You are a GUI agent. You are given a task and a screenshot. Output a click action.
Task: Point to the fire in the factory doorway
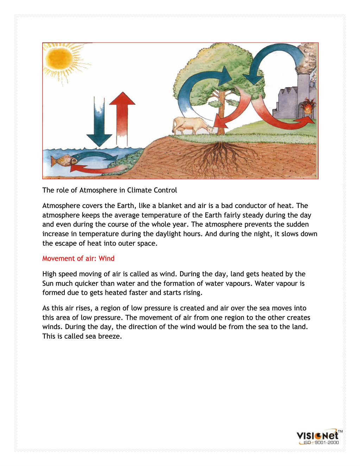(x=309, y=107)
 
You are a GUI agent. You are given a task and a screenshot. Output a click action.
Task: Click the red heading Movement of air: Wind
(x=78, y=258)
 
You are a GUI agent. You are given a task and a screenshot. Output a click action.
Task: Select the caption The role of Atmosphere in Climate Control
(x=109, y=190)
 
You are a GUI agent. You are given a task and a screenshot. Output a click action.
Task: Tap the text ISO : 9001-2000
(x=321, y=443)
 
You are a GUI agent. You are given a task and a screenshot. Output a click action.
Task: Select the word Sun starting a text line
(x=48, y=283)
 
